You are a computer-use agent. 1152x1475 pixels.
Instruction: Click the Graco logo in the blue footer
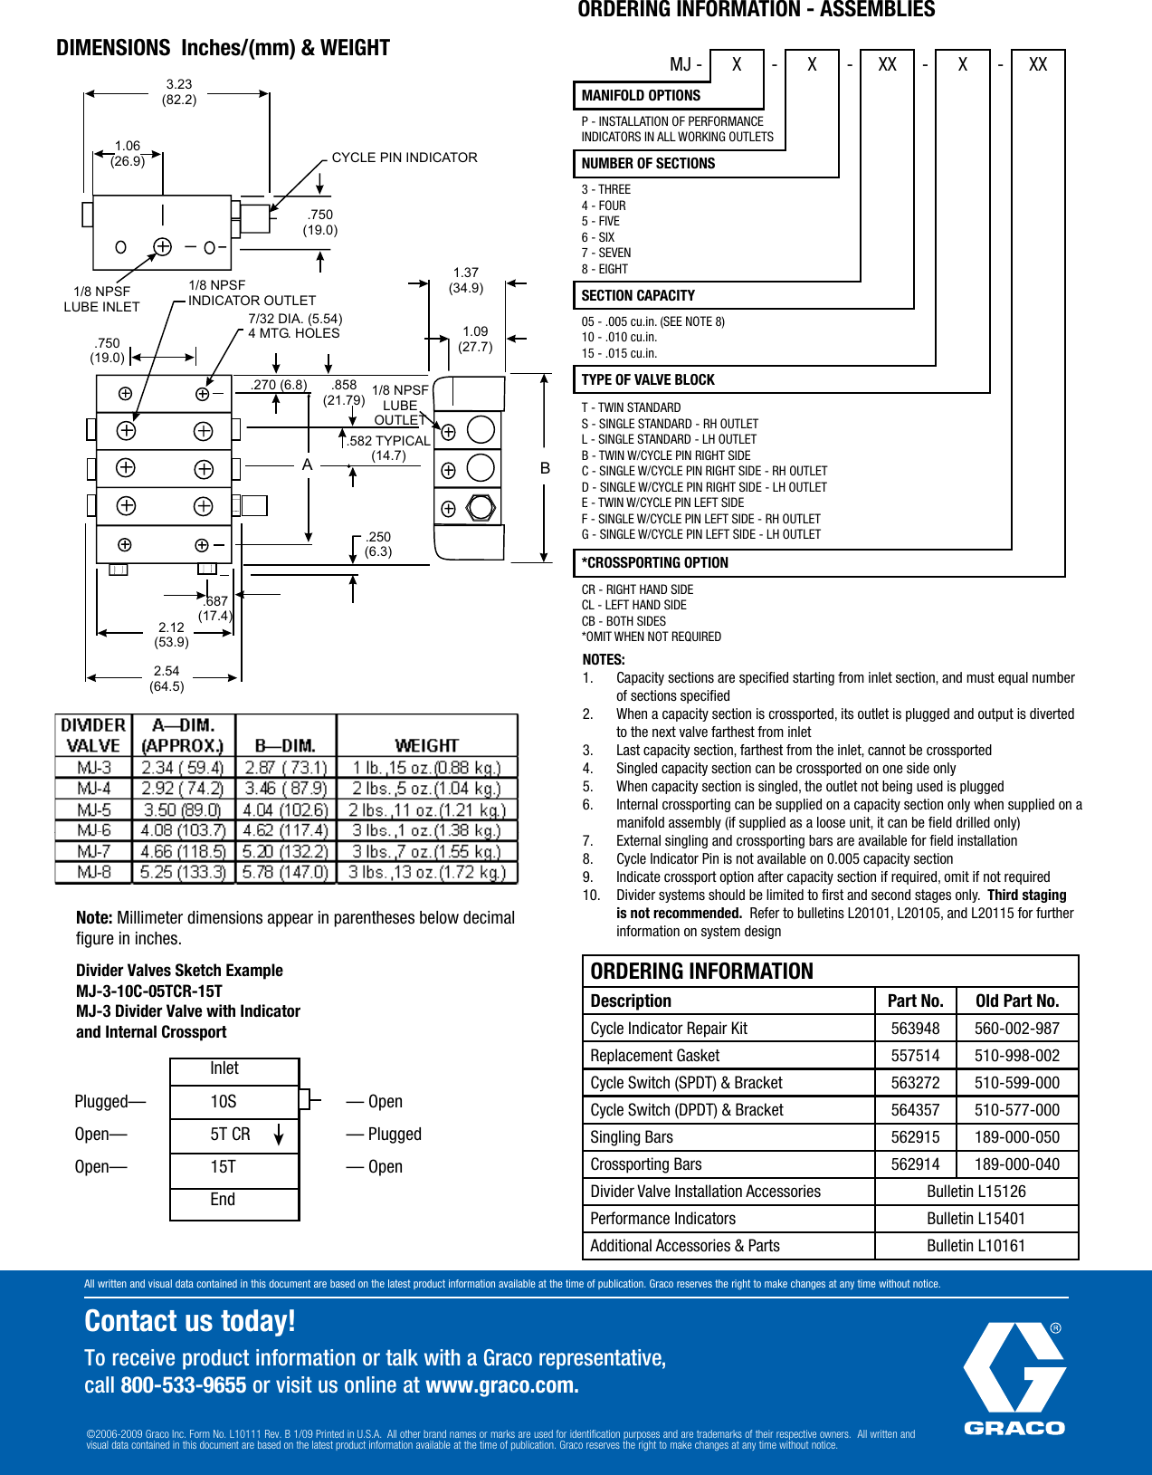point(1014,1378)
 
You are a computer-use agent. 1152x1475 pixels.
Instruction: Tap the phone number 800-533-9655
point(183,1385)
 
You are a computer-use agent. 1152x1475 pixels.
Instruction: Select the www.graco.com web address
point(501,1385)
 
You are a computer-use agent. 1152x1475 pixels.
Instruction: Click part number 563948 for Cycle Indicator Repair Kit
point(915,1029)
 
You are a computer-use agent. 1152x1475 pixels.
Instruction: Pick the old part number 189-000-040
point(1016,1164)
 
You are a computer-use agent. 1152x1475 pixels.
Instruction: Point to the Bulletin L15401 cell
point(976,1219)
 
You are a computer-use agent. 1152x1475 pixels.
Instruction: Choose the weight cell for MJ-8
point(426,872)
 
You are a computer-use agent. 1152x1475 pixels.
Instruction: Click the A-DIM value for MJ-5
point(184,809)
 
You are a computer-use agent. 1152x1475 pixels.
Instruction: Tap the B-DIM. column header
point(285,745)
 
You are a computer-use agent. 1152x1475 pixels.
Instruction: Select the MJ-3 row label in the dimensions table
point(94,768)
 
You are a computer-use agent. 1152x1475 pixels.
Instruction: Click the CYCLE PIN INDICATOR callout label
point(405,158)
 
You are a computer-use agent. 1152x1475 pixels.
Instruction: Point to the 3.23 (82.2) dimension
point(179,91)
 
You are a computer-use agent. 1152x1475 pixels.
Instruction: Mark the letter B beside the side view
point(545,468)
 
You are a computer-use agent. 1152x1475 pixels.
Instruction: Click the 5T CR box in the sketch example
point(233,1135)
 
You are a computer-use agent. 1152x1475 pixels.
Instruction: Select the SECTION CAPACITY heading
point(638,296)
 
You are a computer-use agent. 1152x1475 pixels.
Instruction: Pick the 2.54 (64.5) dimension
point(167,678)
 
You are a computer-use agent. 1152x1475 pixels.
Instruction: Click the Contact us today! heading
point(190,1321)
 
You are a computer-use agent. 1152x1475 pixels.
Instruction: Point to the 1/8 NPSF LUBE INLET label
point(101,299)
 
